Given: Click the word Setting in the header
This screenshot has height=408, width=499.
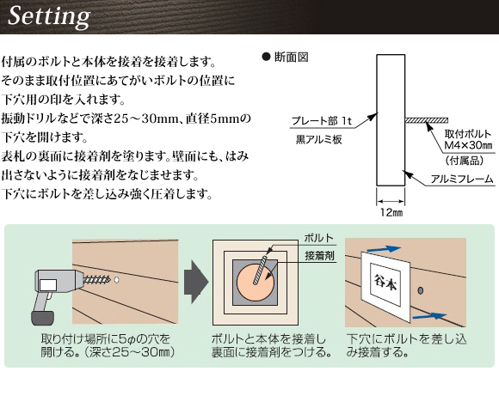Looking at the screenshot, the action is click(x=49, y=16).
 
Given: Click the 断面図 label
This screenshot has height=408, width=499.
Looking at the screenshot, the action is click(x=291, y=58).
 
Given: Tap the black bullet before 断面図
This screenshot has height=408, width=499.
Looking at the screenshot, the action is click(x=266, y=57).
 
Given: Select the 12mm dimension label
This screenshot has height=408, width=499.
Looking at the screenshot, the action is click(x=391, y=212).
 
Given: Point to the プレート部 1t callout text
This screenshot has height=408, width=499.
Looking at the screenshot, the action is click(x=322, y=121).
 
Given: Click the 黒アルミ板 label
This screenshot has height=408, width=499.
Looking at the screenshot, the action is click(x=319, y=139).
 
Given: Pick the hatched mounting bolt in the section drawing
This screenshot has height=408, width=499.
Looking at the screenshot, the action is click(x=427, y=120).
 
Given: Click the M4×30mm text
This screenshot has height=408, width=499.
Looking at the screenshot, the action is click(x=468, y=145).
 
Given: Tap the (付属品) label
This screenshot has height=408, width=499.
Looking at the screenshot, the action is click(x=465, y=161).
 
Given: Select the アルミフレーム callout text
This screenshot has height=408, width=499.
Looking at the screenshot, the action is click(x=462, y=180).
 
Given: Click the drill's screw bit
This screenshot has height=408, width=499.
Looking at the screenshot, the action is click(x=96, y=280).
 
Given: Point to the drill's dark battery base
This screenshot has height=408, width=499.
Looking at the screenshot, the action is click(x=42, y=318).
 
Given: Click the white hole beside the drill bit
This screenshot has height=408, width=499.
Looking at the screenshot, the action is click(x=116, y=280).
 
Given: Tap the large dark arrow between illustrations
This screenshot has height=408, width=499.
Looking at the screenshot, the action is click(x=196, y=282).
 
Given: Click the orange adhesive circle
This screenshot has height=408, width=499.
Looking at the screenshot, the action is click(x=256, y=281).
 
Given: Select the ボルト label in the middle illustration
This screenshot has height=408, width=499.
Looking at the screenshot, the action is click(x=319, y=238).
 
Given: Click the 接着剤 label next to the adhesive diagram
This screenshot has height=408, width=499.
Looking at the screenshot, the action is click(x=319, y=255).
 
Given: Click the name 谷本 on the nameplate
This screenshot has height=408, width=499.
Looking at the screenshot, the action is click(x=385, y=283).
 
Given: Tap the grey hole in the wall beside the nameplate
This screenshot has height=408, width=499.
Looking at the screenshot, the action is click(x=421, y=290).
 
